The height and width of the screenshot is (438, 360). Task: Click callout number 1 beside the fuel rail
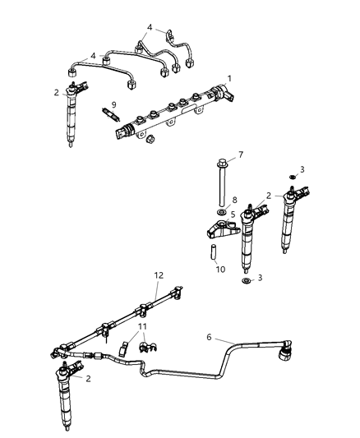pyautogui.click(x=230, y=78)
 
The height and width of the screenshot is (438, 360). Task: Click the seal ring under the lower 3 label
pyautogui.click(x=245, y=282)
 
